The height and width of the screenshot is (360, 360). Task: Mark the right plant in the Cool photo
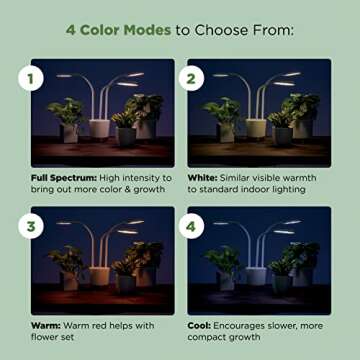[x=294, y=260]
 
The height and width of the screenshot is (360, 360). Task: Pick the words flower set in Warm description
[x=56, y=337]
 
